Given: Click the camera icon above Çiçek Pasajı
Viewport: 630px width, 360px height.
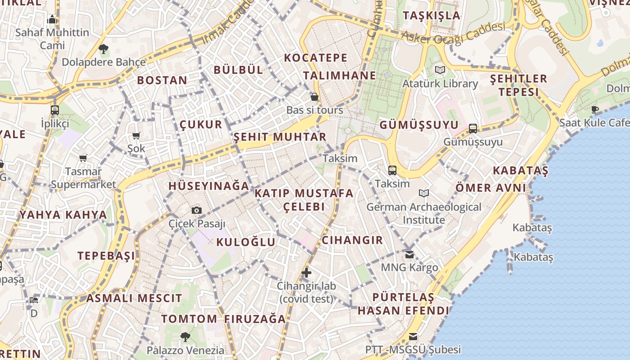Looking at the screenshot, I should [x=197, y=210].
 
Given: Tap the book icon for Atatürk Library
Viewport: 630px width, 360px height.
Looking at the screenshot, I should [x=440, y=70].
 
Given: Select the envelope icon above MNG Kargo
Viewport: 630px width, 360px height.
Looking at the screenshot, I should [x=409, y=255].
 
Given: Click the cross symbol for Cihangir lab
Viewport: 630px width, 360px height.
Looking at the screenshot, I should [x=306, y=272].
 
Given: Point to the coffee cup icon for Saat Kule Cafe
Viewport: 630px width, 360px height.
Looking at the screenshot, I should [x=595, y=109].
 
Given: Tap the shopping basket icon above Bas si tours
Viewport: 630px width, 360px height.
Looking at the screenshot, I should [x=315, y=97].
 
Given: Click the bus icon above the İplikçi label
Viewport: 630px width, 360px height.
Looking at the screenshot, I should [x=55, y=110].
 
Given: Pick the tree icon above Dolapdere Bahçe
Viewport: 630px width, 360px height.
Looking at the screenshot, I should [x=103, y=49].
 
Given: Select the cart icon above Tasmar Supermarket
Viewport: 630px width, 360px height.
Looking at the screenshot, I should [x=83, y=158].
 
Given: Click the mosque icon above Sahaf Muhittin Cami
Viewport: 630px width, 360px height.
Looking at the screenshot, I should [x=52, y=20].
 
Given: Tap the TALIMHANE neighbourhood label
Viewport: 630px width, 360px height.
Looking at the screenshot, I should [x=339, y=75].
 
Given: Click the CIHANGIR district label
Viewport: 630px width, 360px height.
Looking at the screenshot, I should [x=352, y=240].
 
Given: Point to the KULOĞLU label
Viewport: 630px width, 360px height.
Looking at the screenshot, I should [x=246, y=242].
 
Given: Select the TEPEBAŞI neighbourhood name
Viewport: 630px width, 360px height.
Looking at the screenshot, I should [x=106, y=256].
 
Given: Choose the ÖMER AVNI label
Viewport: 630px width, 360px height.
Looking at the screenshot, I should [x=490, y=187].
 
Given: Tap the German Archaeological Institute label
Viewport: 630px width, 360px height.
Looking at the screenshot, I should [x=423, y=213].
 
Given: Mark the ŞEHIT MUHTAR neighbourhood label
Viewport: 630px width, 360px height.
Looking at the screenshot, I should [x=280, y=137].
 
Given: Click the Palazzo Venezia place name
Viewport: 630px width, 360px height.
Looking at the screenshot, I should [x=185, y=350].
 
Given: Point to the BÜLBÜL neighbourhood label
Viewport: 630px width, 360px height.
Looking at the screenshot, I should [x=238, y=70].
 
